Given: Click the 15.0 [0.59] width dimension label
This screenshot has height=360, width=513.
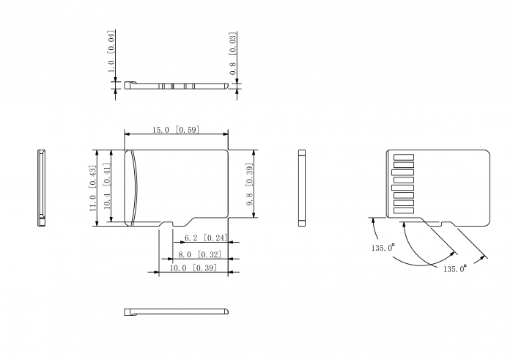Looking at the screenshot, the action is pos(176,130).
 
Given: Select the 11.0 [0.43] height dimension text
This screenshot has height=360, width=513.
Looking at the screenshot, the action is pos(93,188).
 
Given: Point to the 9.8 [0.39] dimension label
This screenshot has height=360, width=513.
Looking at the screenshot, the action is pos(250,186).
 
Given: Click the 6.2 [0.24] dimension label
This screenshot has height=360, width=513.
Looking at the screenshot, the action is pos(206,238).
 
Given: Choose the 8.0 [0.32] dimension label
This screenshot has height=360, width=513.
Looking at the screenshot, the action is pos(199,254).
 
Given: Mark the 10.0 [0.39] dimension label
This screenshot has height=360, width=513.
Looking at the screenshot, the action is pos(193,268).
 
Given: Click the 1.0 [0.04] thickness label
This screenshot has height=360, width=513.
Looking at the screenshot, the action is pos(111,52).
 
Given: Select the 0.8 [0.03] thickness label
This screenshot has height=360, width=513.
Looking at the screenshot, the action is pos(233,54).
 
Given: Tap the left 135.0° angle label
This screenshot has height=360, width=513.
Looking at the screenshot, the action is pos(383,247).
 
